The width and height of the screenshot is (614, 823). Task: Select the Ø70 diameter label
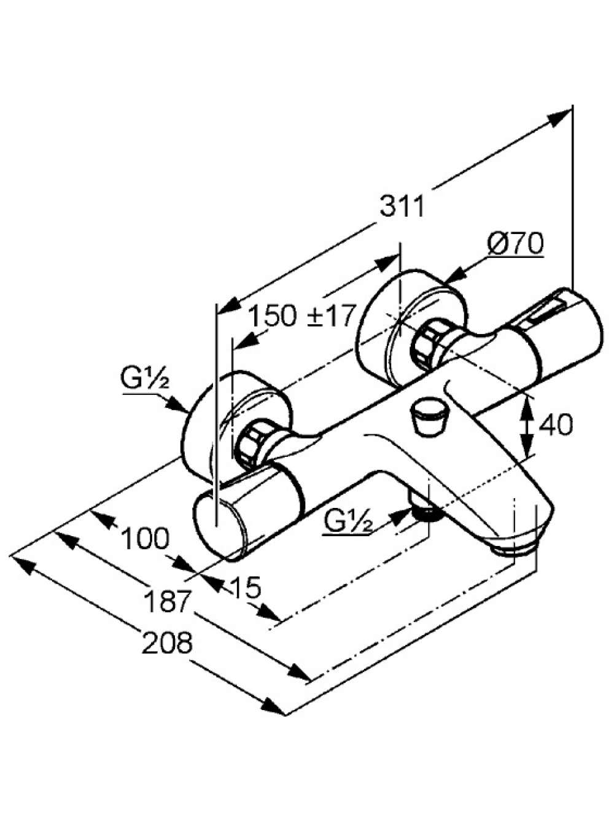(x=515, y=243)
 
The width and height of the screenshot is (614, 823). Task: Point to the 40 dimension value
(x=556, y=425)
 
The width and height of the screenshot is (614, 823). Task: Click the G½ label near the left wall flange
(x=145, y=377)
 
